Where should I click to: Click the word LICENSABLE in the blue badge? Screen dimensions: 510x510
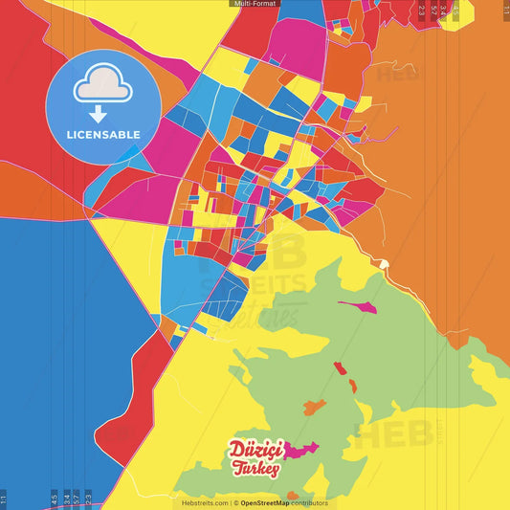point(103,134)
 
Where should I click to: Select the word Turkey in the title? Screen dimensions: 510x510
point(255,468)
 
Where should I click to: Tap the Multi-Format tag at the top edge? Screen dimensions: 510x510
point(255,4)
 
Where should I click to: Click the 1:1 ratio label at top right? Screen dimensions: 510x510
point(506,11)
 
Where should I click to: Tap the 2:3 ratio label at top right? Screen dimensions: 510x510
point(422,11)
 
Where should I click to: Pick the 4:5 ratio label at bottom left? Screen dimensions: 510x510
point(55,499)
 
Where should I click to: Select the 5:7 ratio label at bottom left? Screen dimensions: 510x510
point(77,499)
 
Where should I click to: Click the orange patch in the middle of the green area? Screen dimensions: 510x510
point(314,408)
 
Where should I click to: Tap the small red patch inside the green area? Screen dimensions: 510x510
point(339,367)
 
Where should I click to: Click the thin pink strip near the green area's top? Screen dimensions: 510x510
point(356,306)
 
